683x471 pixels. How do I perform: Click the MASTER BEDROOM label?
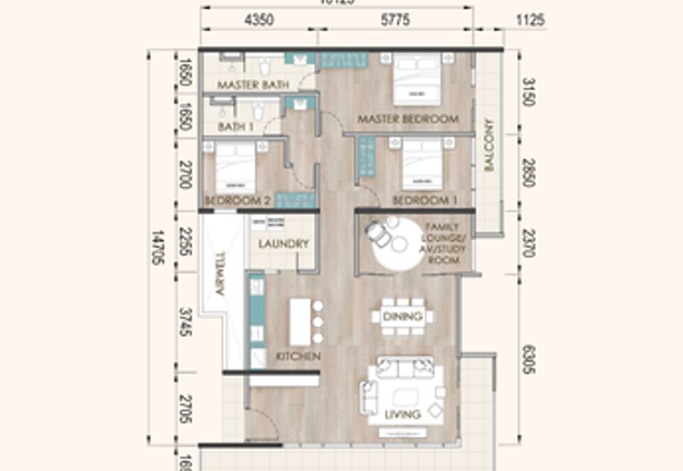pyautogui.click(x=407, y=119)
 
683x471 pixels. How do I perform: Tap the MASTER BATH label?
pyautogui.click(x=252, y=85)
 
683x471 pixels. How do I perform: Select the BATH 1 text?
pyautogui.click(x=236, y=126)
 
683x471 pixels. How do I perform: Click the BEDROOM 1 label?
pyautogui.click(x=420, y=201)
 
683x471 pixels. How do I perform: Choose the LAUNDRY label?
pyautogui.click(x=283, y=244)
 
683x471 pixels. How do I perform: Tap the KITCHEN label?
pyautogui.click(x=298, y=356)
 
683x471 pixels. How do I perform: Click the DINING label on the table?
pyautogui.click(x=402, y=317)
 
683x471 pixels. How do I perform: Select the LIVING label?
pyautogui.click(x=402, y=415)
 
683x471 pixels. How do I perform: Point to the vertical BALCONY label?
pyautogui.click(x=489, y=145)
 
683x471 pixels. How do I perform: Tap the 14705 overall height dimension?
pyautogui.click(x=156, y=247)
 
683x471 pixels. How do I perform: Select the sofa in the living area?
pyautogui.click(x=403, y=374)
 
